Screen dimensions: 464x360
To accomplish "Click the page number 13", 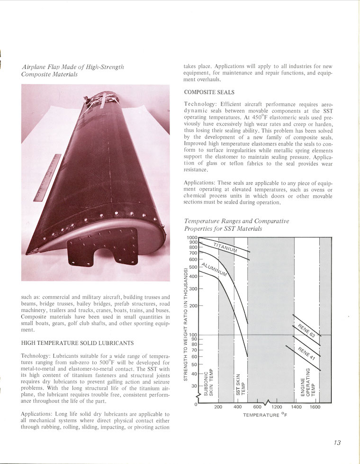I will (x=337, y=443).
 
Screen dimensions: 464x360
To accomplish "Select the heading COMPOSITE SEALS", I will (x=209, y=92).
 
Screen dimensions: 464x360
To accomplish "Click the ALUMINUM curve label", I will (x=214, y=269).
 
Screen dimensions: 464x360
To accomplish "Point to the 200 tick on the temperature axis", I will (x=218, y=407).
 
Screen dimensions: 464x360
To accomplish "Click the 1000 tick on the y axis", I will (x=192, y=237).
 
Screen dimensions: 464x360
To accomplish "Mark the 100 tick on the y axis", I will (x=193, y=336).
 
